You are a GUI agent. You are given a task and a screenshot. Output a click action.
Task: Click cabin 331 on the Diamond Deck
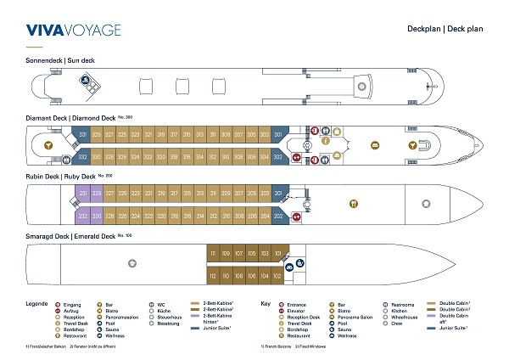(x=83, y=135)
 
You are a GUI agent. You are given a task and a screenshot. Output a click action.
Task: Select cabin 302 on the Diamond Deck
(x=277, y=157)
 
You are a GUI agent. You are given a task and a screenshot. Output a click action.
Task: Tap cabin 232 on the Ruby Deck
(x=83, y=217)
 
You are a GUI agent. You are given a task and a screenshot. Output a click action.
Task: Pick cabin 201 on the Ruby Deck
(x=277, y=194)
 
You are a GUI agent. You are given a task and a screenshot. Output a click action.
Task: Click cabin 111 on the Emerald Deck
(x=213, y=254)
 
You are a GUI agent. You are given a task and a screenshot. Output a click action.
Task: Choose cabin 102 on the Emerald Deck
(x=277, y=275)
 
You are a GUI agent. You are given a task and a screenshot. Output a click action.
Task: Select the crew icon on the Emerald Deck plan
(x=131, y=264)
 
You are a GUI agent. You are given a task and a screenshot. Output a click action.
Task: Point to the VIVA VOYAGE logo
(x=73, y=31)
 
